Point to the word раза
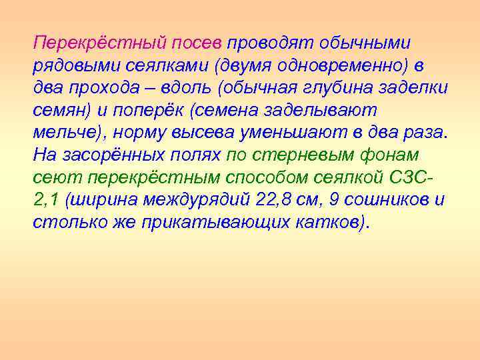pos(424,133)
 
